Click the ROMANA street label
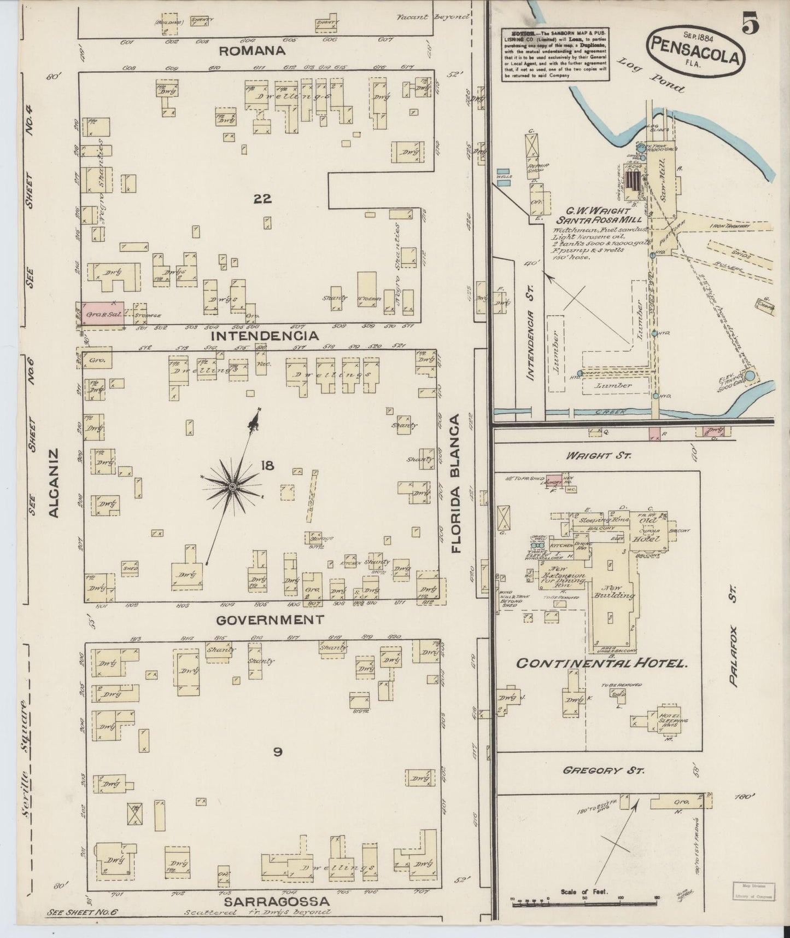pos(252,51)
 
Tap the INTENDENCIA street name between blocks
pos(265,335)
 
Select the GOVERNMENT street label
pos(270,619)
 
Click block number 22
pos(262,199)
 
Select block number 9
pos(277,752)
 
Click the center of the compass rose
pos(232,487)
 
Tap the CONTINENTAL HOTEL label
pos(601,663)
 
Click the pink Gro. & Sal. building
pos(103,315)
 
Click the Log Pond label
pos(650,75)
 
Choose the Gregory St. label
pos(604,771)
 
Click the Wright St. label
pos(596,455)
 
